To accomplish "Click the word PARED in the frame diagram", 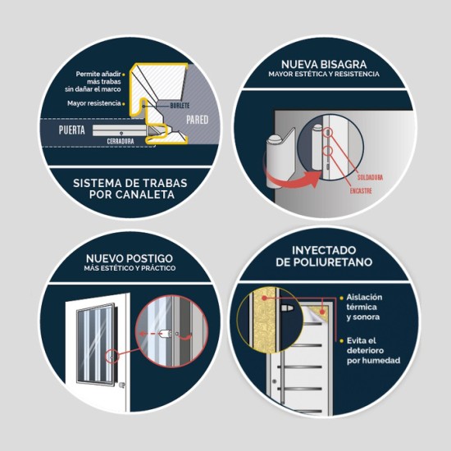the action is [x=198, y=120].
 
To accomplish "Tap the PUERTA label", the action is [x=72, y=130].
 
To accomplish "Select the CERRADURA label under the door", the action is [x=121, y=141].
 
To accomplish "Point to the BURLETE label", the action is [x=180, y=106].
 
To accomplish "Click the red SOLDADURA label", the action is [x=370, y=177].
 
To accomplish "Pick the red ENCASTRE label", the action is [x=361, y=191].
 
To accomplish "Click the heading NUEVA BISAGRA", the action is [x=324, y=64].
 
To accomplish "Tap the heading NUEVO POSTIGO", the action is [x=130, y=258].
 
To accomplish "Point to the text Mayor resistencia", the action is [x=94, y=103].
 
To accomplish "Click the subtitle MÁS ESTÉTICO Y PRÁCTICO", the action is [x=130, y=268].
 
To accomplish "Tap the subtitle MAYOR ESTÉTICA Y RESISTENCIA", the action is [x=324, y=74].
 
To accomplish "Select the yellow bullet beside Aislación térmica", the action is [x=341, y=298].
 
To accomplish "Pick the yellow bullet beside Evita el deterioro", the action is [x=341, y=341].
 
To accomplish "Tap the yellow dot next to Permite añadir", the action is [x=124, y=75].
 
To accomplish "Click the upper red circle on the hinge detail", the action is [x=328, y=132].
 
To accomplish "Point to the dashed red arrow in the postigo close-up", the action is [x=149, y=334].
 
